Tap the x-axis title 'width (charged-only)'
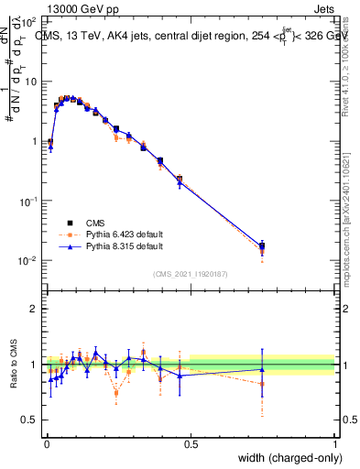click(x=285, y=458)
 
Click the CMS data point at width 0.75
click(x=262, y=245)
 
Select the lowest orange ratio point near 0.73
click(x=116, y=393)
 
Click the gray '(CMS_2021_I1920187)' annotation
click(x=190, y=273)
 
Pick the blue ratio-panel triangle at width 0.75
click(x=262, y=369)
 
